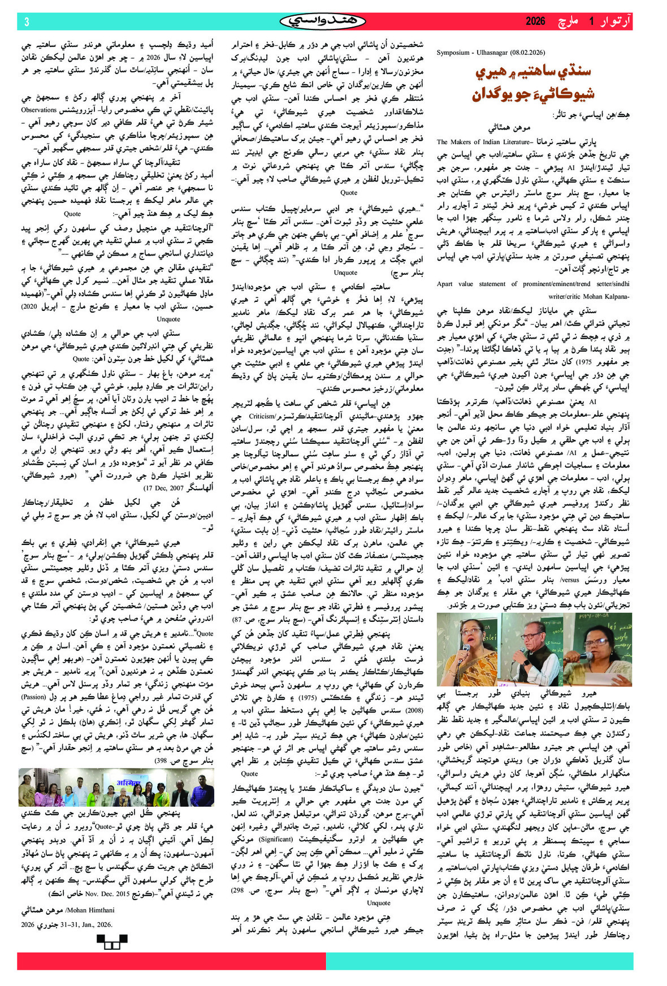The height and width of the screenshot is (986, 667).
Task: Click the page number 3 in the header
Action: pos(26,21)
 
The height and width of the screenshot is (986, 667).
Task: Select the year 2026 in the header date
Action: pos(535,21)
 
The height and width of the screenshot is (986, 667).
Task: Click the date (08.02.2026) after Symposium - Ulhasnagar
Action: pos(525,53)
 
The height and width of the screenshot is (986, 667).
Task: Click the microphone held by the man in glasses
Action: pos(518,652)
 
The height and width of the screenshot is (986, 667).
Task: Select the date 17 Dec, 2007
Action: pos(164,487)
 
